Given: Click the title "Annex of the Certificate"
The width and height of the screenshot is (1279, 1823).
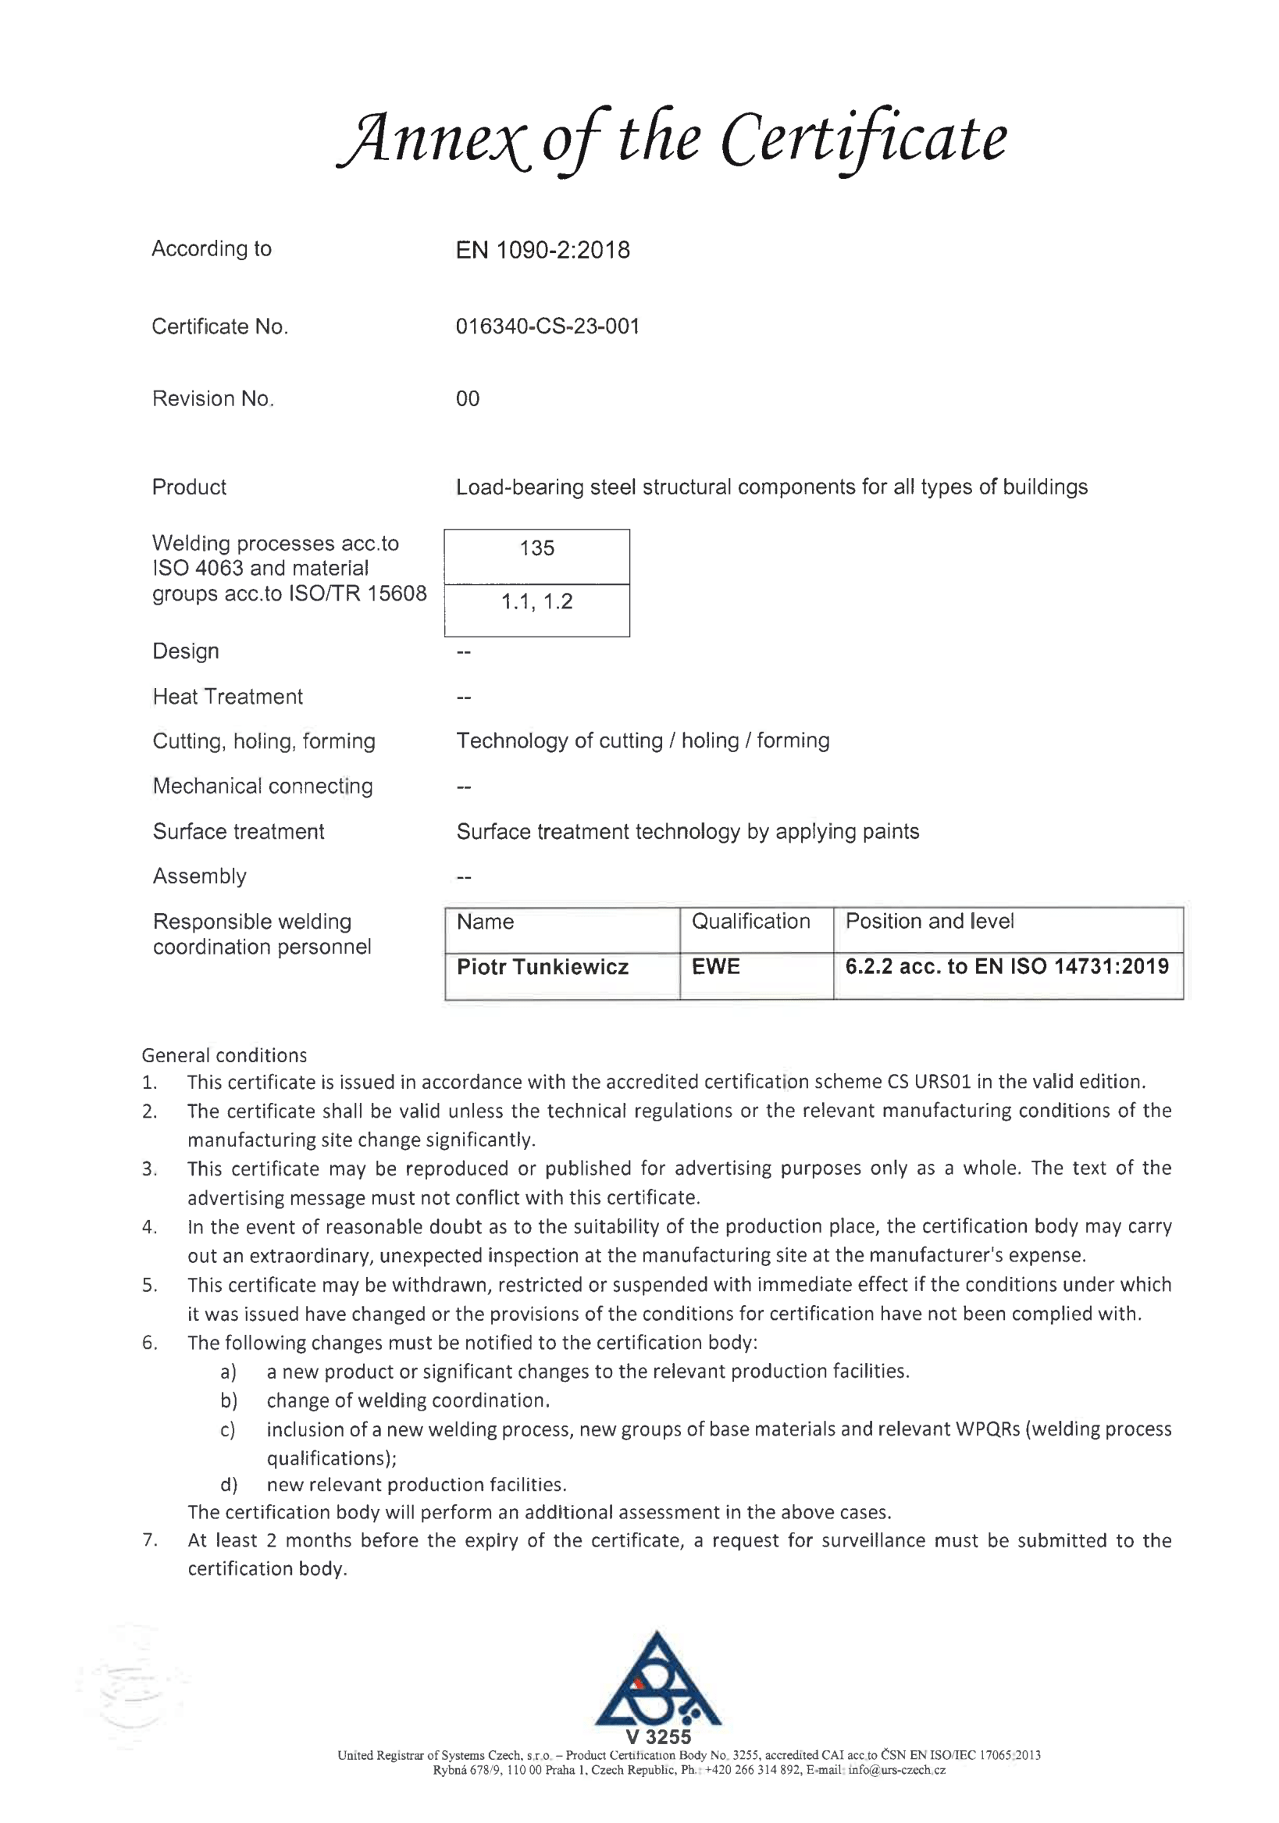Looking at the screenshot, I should tap(672, 139).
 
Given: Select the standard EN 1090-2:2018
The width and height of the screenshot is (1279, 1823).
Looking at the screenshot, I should tap(542, 250).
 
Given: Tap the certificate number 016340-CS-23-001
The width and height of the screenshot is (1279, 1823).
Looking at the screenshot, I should tap(547, 326).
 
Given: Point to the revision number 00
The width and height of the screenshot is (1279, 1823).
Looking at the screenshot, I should tap(467, 398).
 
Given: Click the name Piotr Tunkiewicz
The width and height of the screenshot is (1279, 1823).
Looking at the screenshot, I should tap(542, 967).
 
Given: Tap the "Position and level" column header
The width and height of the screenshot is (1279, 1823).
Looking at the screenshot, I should tap(929, 921).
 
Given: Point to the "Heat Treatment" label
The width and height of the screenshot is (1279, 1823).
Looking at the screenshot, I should tap(227, 697).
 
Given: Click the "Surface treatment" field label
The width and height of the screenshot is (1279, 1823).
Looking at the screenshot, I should tap(238, 831).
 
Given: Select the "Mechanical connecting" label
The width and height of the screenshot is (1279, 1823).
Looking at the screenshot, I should tap(262, 786).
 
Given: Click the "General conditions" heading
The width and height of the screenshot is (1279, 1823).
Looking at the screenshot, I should tap(224, 1055).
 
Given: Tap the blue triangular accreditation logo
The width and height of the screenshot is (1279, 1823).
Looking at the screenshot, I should tap(657, 1680).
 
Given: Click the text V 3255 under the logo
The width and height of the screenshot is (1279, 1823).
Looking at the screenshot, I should tap(657, 1737).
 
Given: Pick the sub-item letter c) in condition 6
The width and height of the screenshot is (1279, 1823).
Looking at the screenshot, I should tap(228, 1430).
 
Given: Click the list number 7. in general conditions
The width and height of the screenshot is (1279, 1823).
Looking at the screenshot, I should tap(150, 1541).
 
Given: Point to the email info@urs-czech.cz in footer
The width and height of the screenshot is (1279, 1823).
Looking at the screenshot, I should tap(896, 1770).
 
